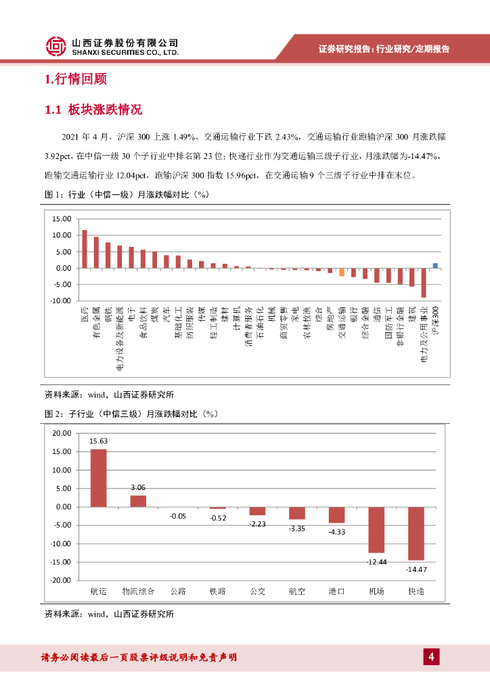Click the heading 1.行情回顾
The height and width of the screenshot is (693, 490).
point(75,79)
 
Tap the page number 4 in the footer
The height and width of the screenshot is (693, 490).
point(431,657)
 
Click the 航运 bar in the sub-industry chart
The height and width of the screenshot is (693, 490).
point(99,478)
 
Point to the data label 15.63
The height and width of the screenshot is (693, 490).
point(99,441)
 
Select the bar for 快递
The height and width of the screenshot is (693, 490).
point(416,533)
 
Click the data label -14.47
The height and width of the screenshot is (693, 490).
point(416,570)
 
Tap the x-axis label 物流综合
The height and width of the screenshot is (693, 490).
point(138,591)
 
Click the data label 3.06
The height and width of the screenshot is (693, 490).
point(138,487)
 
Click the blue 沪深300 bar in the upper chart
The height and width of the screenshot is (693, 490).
point(435,266)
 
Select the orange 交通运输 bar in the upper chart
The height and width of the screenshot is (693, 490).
point(342,272)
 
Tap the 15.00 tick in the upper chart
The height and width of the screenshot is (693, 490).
point(62,219)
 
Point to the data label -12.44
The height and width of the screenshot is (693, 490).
point(376,562)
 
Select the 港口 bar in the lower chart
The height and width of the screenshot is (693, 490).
point(336,514)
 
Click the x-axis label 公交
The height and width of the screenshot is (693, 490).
point(257,591)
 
